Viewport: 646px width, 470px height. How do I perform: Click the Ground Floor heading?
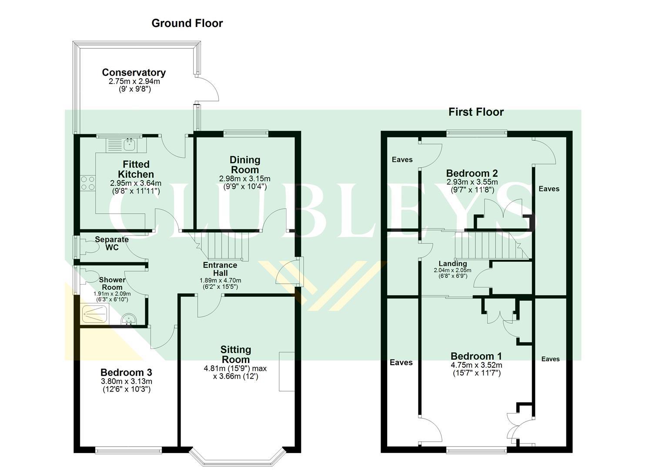[x=187, y=23]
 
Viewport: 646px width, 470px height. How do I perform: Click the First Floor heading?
[x=476, y=112]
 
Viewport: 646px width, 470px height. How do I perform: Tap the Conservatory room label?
[x=134, y=73]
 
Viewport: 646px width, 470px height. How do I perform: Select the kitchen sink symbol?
[x=122, y=144]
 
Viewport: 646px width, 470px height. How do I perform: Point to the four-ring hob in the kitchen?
[x=87, y=183]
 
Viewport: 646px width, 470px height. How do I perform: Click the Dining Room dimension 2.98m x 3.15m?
[x=244, y=179]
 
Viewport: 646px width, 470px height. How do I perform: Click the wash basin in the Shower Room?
[x=128, y=320]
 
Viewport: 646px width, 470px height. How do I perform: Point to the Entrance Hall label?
[x=220, y=269]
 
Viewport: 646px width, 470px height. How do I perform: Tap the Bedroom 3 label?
[x=126, y=373]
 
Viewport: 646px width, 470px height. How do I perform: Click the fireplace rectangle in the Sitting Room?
[x=287, y=371]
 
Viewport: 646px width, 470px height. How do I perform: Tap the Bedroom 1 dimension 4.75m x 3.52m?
[x=476, y=366]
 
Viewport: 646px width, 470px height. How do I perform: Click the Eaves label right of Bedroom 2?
[x=549, y=189]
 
